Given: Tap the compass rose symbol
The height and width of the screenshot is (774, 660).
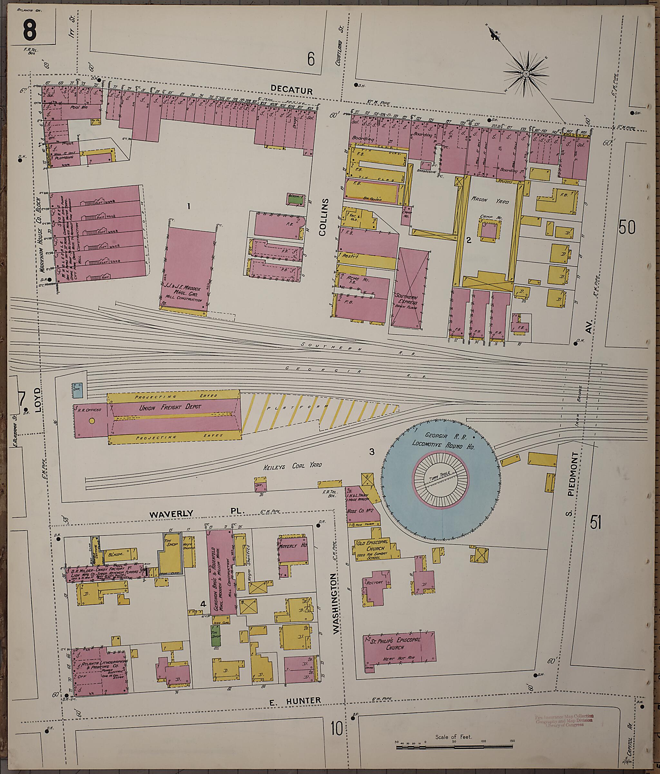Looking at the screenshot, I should click(x=526, y=73).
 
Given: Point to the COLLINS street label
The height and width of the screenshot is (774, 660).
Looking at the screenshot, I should click(x=324, y=217).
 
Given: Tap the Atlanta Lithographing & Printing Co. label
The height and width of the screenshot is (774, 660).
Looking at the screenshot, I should click(x=101, y=665).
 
